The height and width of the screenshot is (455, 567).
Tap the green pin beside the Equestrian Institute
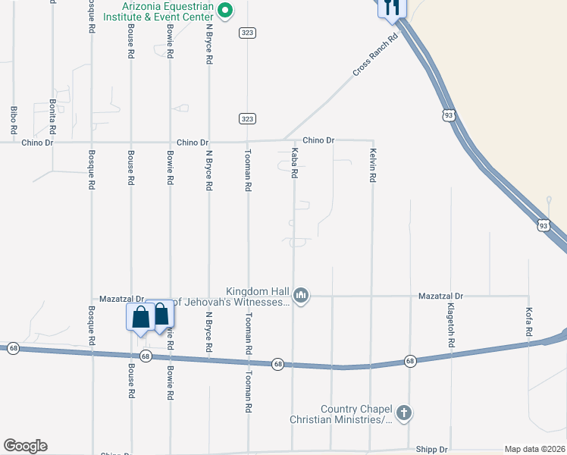225,10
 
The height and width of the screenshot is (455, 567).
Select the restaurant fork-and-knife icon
392,7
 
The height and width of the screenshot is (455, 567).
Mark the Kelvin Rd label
373,165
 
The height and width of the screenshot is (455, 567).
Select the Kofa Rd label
528,324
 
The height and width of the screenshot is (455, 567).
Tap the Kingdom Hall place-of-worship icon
301,295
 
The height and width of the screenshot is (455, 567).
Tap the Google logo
25,446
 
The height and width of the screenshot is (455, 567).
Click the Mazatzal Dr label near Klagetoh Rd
440,296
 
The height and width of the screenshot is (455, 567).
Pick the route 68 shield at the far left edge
13,348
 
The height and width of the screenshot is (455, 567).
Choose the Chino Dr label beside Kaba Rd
318,140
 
